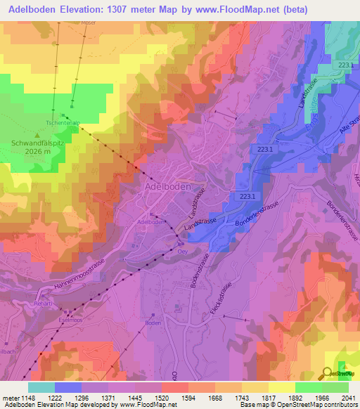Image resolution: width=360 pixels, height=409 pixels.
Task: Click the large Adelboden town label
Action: [169, 188]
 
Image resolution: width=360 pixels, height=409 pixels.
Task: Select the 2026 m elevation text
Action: [39, 151]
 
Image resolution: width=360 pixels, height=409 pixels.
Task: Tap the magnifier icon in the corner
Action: [328, 372]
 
